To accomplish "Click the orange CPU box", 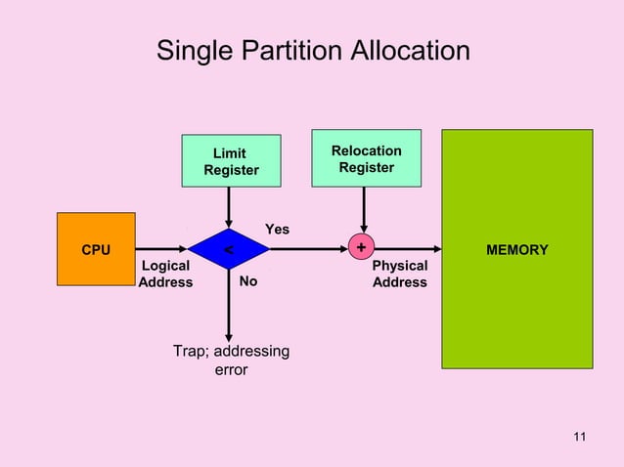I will pos(95,250).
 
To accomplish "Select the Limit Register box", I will pos(231,161).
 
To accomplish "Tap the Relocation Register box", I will pos(366,158).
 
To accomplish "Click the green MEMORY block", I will pos(516,249).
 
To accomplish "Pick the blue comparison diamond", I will pos(228,250).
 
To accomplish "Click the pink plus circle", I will pos(362,249).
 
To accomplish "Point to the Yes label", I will pos(278,229).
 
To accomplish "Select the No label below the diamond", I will pos(248,281).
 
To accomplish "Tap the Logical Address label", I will pos(165,274).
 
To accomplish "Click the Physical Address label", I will pos(400,274).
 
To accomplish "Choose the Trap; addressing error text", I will pos(231,361).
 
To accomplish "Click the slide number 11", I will pos(579,436).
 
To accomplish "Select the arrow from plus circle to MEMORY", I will pos(406,250).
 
